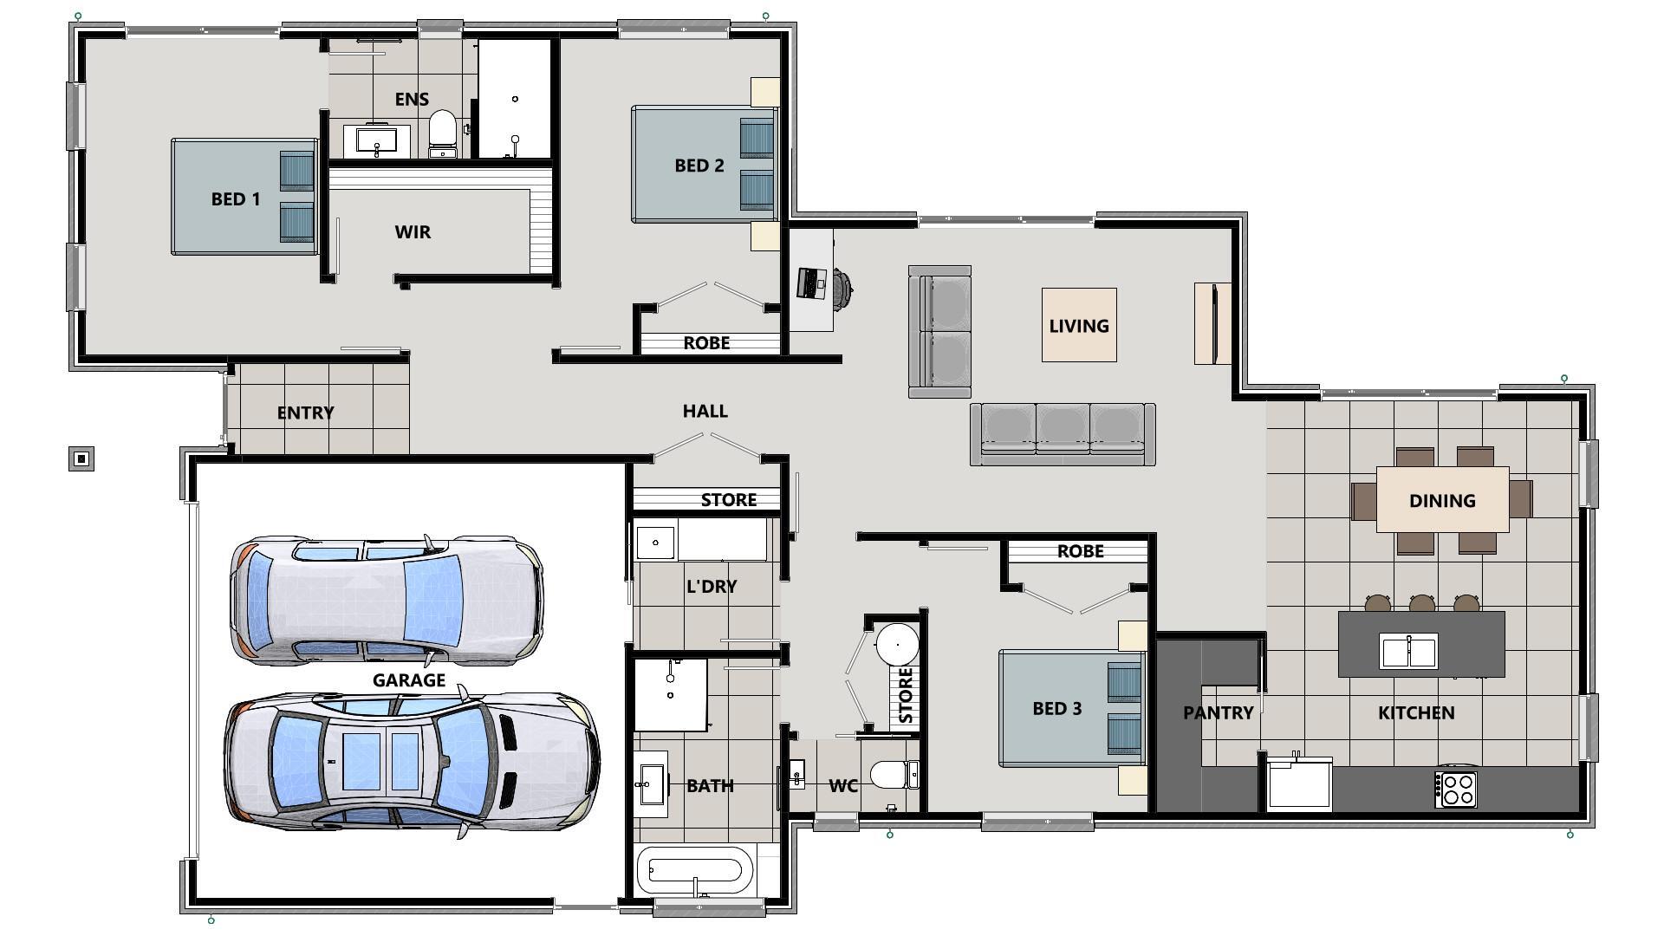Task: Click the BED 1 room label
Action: click(235, 199)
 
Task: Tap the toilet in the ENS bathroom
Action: click(443, 132)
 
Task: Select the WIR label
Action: click(413, 232)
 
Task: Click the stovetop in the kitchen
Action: click(1456, 790)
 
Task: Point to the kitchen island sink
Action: click(1408, 651)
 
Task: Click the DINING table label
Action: click(1442, 501)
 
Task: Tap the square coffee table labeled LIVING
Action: click(1078, 325)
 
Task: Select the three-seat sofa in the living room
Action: click(1063, 433)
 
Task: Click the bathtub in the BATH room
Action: click(696, 871)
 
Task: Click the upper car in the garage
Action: click(387, 600)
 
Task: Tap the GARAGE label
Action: click(409, 680)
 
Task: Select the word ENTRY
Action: click(305, 413)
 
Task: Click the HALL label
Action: click(705, 411)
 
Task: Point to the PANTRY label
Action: click(1218, 712)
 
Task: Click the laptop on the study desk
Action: click(811, 283)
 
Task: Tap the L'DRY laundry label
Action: click(712, 587)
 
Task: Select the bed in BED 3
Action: click(1070, 709)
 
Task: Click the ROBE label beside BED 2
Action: click(706, 343)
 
